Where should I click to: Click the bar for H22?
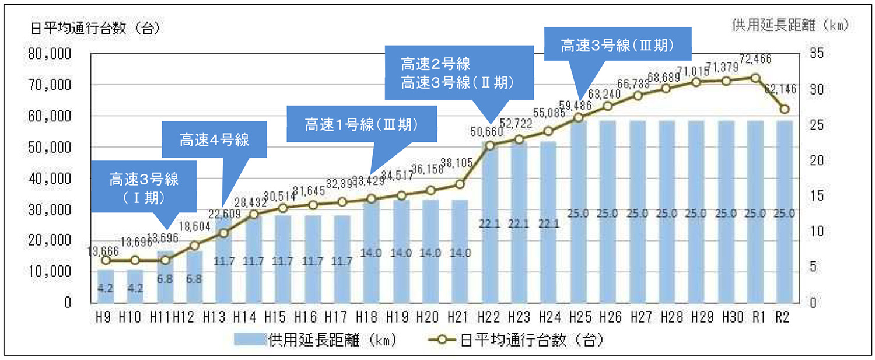click(x=489, y=233)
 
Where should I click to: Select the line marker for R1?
click(x=755, y=78)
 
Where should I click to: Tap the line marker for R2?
click(x=785, y=109)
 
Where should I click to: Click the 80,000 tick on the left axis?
click(x=50, y=54)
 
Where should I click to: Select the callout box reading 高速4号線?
click(x=214, y=139)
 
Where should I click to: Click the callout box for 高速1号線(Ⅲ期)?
click(x=362, y=124)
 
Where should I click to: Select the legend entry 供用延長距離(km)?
click(x=316, y=340)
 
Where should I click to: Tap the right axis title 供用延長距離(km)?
click(x=789, y=25)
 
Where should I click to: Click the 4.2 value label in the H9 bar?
click(x=106, y=288)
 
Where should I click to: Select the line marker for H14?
click(x=253, y=215)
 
